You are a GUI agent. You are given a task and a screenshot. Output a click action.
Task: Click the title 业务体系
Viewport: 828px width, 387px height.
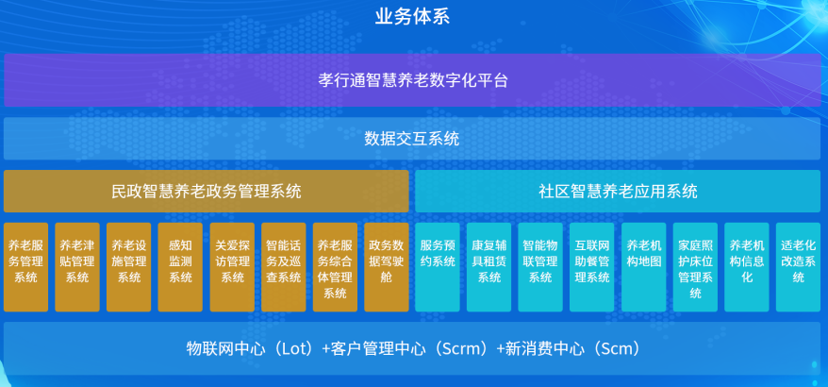[412, 17]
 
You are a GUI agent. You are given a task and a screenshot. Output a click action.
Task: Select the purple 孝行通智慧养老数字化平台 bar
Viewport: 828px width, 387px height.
[412, 80]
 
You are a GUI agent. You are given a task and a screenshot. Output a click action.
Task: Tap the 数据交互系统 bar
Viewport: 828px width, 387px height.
[412, 139]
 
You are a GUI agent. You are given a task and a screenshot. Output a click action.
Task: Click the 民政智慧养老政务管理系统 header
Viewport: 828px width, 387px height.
[207, 191]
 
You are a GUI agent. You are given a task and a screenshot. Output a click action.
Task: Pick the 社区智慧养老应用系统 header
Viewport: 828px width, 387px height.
[618, 191]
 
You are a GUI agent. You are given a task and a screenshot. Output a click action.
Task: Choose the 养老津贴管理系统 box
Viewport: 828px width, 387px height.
[77, 267]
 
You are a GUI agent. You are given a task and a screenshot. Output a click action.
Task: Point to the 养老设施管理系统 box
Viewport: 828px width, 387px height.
[129, 267]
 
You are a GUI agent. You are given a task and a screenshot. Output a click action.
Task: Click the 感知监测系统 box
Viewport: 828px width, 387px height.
[180, 267]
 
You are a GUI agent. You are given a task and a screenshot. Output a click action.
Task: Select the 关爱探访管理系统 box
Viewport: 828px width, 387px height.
[232, 267]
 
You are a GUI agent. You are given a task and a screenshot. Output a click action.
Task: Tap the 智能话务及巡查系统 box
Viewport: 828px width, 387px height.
[284, 267]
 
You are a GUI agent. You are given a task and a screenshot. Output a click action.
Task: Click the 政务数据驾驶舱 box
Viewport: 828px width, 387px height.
[387, 267]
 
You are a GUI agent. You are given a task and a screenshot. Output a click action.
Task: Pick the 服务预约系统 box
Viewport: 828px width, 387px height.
[438, 267]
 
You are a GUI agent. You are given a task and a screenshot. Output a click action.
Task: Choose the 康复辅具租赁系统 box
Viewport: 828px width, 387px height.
[489, 267]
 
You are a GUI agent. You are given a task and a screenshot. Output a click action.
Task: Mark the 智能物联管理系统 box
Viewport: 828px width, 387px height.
[540, 267]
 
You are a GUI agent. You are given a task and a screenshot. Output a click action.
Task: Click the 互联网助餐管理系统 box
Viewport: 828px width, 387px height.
[592, 267]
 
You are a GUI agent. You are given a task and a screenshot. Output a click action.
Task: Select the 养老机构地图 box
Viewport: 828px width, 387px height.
[644, 267]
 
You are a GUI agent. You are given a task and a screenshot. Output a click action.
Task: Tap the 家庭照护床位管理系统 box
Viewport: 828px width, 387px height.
[695, 267]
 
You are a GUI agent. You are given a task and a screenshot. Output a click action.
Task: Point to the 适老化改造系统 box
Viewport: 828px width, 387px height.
[799, 267]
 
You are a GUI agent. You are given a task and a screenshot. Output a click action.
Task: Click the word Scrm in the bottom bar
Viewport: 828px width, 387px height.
[464, 349]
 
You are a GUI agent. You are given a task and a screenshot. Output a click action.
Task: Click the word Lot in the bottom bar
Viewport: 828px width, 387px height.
[297, 349]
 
